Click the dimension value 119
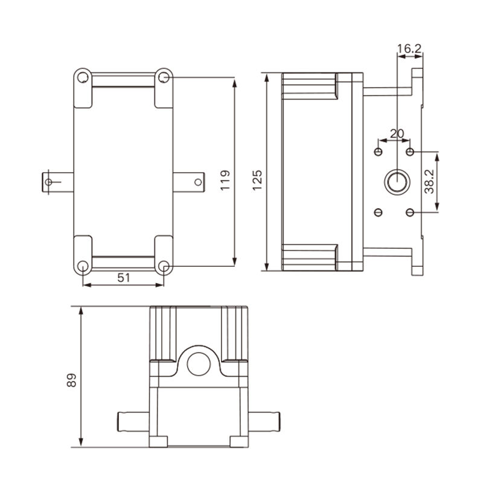click(x=225, y=180)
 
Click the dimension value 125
click(x=257, y=180)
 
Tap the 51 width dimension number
click(x=124, y=278)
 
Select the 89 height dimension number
click(x=71, y=380)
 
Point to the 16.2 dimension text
click(x=409, y=49)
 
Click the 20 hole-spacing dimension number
click(x=397, y=133)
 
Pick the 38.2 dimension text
click(x=429, y=182)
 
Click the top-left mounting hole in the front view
click(x=83, y=77)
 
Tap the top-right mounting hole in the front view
click(x=164, y=77)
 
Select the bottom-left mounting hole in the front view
click(x=83, y=266)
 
